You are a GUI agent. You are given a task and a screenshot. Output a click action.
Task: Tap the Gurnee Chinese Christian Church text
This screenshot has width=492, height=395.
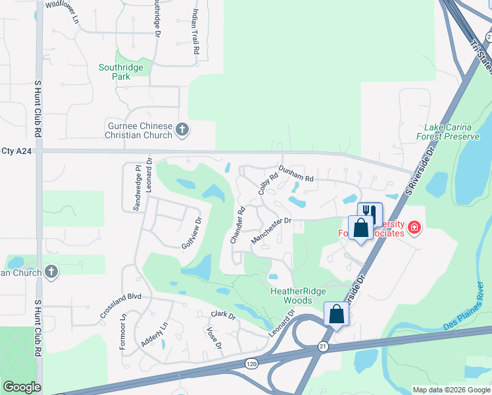coord(140,130)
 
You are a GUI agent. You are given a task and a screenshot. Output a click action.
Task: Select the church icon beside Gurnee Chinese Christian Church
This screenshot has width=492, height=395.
coord(183,130)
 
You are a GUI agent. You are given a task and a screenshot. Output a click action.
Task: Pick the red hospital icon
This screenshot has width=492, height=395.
coord(414,228)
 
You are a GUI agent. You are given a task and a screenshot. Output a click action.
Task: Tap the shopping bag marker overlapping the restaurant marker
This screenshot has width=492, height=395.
coord(360,229)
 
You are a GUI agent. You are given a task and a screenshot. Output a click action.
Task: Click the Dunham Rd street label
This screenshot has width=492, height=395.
coord(297,174)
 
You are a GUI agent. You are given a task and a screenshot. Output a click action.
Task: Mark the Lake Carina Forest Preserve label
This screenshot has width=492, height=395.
coord(448,132)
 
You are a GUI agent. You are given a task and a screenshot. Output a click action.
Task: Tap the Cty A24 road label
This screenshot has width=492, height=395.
coord(16,151)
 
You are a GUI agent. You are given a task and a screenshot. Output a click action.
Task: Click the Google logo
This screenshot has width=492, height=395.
coord(22,387)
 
